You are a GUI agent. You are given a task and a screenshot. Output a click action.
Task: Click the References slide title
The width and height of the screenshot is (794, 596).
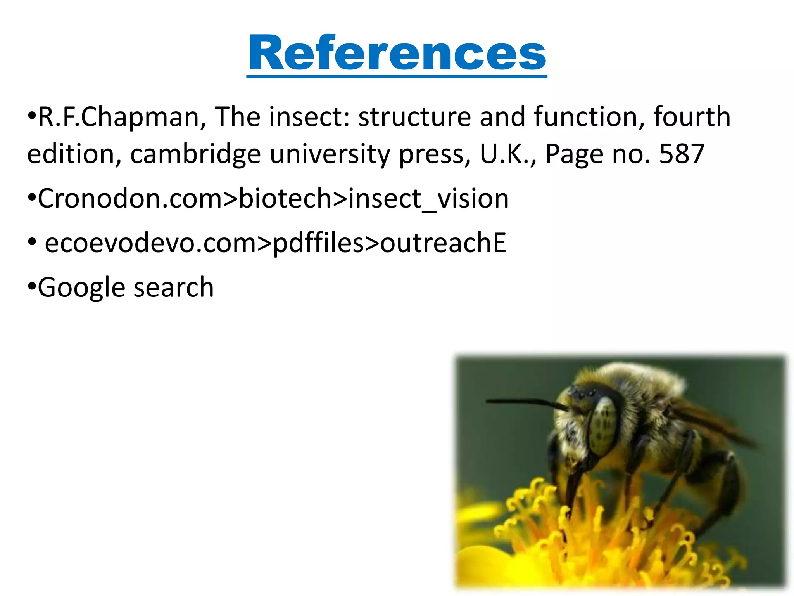click(x=397, y=53)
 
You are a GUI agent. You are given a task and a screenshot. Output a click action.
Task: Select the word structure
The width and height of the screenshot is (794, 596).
click(x=414, y=117)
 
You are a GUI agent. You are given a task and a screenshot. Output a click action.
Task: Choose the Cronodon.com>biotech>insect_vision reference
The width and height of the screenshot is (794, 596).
click(x=273, y=199)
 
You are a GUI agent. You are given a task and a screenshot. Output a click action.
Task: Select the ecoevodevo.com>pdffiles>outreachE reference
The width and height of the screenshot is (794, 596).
click(x=275, y=243)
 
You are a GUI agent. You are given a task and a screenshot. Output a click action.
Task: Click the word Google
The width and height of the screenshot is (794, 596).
click(x=81, y=288)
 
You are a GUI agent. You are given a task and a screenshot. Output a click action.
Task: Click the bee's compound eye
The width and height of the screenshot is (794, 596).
click(x=604, y=425)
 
